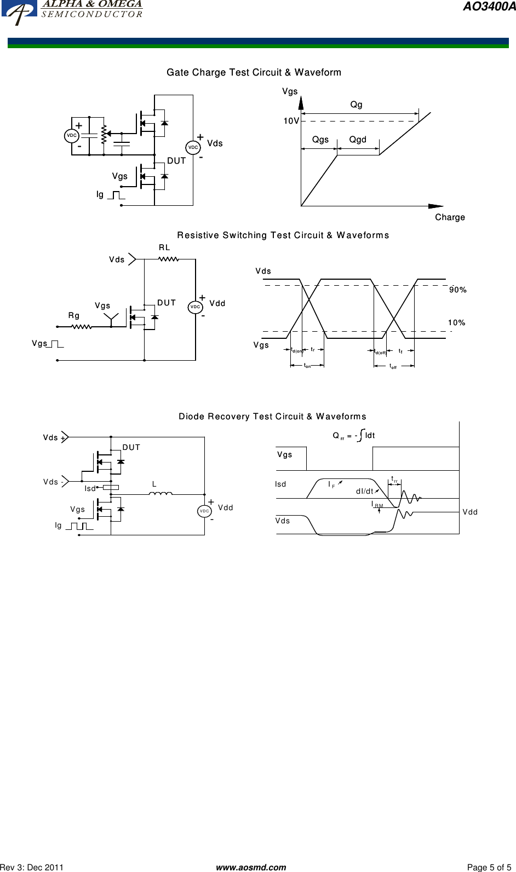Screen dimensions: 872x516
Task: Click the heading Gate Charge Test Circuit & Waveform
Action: [x=254, y=73]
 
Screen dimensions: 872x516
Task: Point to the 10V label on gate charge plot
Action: [x=291, y=120]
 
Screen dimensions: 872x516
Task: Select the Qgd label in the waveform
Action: [x=358, y=140]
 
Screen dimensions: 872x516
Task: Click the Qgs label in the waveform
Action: [x=320, y=140]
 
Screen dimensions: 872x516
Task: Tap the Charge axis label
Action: [x=450, y=217]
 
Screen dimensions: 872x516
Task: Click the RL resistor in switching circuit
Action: [x=168, y=259]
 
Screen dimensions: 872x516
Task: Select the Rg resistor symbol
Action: [x=82, y=327]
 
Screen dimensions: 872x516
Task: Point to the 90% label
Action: [x=457, y=290]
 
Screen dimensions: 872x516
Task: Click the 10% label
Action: [x=456, y=322]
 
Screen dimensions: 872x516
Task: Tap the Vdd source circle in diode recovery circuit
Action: [x=204, y=511]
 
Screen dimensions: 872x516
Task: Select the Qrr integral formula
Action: [x=354, y=436]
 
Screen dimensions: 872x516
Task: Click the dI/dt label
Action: [x=364, y=491]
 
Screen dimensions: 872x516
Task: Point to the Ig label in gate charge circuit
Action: [x=100, y=194]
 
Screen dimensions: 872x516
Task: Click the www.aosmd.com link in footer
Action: [x=251, y=867]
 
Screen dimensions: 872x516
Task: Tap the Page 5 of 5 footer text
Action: [x=489, y=867]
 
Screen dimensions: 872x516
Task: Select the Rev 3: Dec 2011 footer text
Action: [x=32, y=867]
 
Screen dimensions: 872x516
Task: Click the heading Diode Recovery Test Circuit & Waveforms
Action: [x=272, y=417]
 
